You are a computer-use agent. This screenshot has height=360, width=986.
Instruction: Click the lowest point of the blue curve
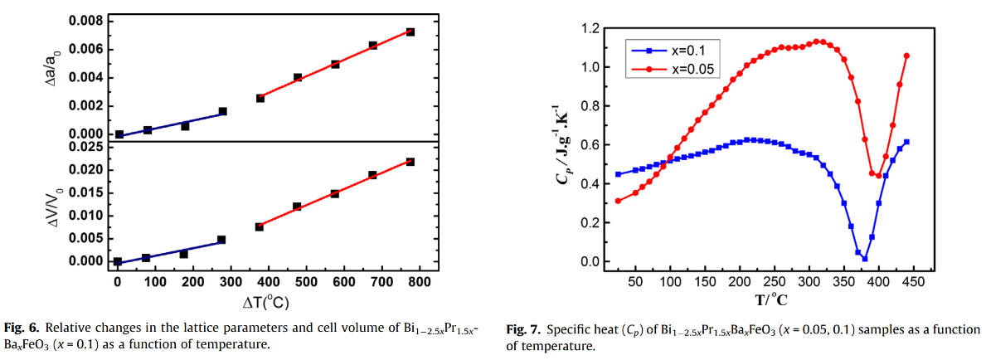tap(864, 259)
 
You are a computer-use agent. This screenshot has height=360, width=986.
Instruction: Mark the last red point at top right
tap(906, 56)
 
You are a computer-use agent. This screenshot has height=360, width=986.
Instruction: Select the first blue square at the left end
tap(618, 174)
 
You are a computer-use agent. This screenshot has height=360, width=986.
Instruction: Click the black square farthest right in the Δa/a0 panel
tap(410, 32)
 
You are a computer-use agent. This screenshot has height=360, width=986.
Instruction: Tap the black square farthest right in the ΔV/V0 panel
tap(410, 162)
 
